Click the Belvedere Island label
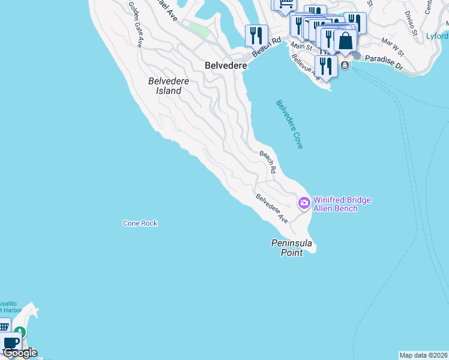coord(164,86)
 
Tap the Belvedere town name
coord(226,66)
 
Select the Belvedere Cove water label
coord(289,124)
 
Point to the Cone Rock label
coord(140,223)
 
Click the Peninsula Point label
coord(292,247)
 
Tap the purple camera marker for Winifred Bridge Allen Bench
coord(304,203)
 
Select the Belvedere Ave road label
coord(271,208)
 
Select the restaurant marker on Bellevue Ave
coord(326,66)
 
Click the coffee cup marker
coord(10,343)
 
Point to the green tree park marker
coord(20,332)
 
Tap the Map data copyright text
coord(423,355)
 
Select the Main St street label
coord(301,46)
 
